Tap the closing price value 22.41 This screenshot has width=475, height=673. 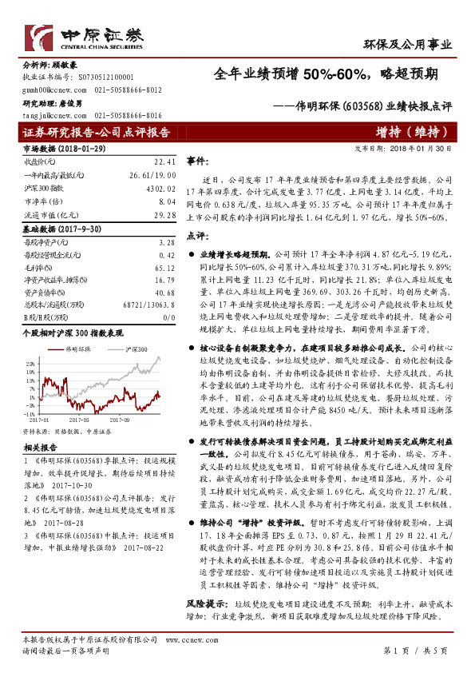[x=164, y=161]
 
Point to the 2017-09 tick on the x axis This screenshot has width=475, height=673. [x=119, y=417]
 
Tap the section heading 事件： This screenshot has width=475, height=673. [x=197, y=161]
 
